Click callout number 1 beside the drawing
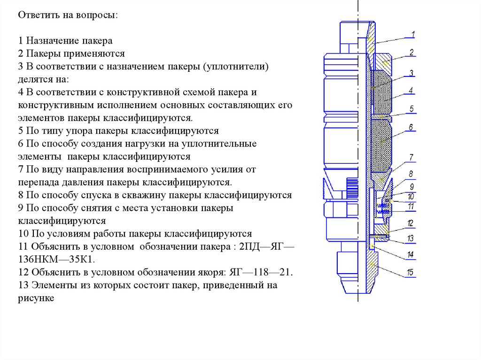tap(412, 34)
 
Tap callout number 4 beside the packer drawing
tap(411, 90)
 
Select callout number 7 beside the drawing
tap(411, 157)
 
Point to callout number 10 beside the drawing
tap(411, 197)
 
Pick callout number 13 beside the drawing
tap(411, 238)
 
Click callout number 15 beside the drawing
tap(411, 272)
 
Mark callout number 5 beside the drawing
tap(411, 109)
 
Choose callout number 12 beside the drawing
tap(411, 223)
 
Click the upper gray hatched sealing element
tap(382, 92)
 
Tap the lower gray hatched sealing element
tap(382, 143)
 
